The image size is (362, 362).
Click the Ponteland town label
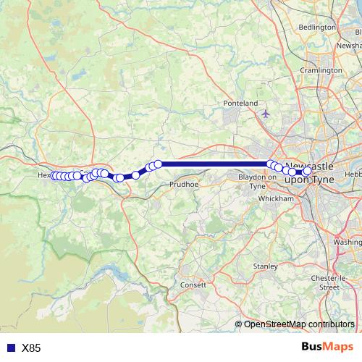[241, 104]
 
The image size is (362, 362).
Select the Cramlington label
[321, 70]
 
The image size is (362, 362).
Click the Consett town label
[193, 285]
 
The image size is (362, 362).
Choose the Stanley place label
[266, 266]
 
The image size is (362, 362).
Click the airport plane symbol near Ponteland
[266, 113]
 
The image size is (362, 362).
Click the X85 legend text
[31, 348]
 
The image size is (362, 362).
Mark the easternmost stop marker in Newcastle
[307, 171]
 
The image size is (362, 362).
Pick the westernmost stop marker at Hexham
[54, 176]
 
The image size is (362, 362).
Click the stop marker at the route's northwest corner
[158, 164]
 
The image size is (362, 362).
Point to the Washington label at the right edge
[348, 242]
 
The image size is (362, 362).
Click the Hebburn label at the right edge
[353, 174]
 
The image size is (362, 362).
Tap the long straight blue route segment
[214, 164]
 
